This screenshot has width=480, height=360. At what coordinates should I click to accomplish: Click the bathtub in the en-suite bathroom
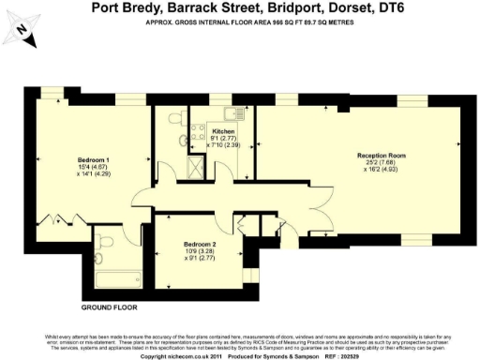[x=117, y=277]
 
